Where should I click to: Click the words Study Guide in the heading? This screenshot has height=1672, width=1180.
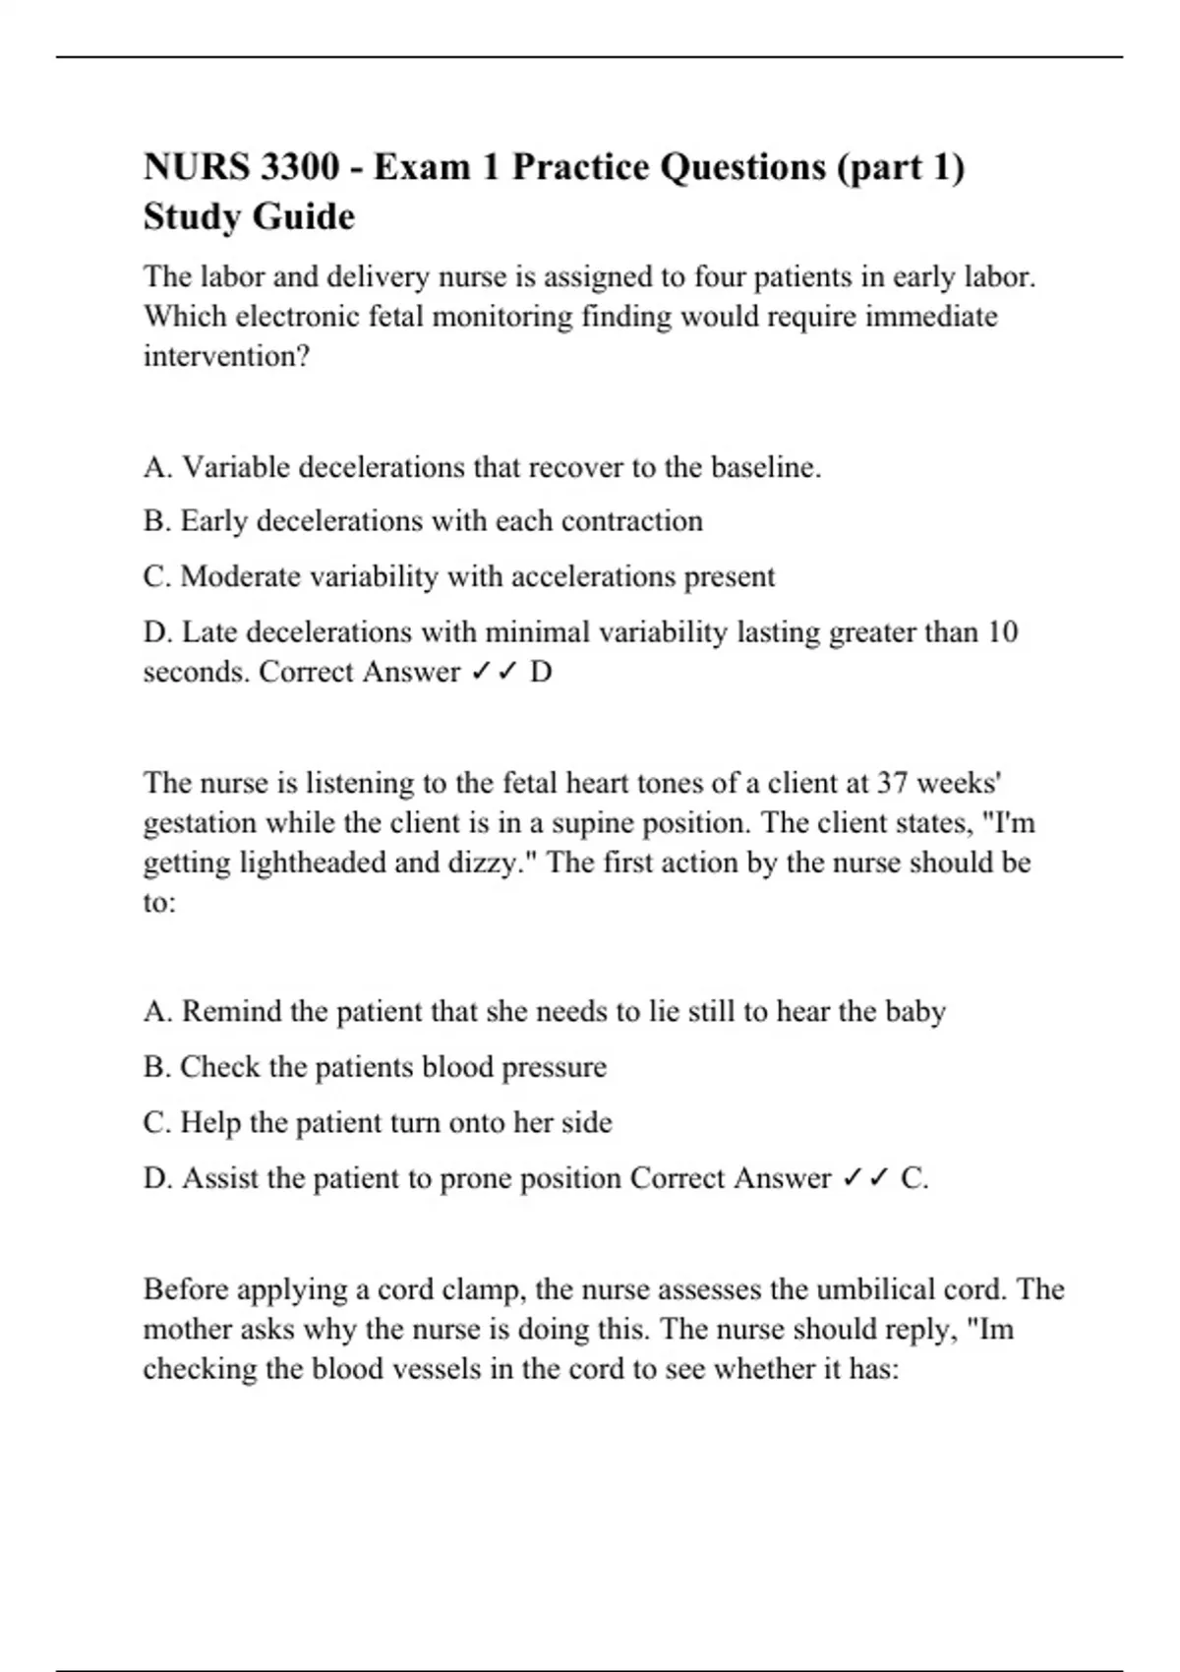pos(249,216)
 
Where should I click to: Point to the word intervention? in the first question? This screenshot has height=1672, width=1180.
pos(226,356)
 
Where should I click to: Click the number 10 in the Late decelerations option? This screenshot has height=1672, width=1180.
pos(1002,631)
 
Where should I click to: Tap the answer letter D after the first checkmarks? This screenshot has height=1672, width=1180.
pos(541,672)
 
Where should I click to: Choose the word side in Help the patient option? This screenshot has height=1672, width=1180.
pos(586,1122)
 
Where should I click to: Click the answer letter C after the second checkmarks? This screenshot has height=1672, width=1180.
pos(912,1177)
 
